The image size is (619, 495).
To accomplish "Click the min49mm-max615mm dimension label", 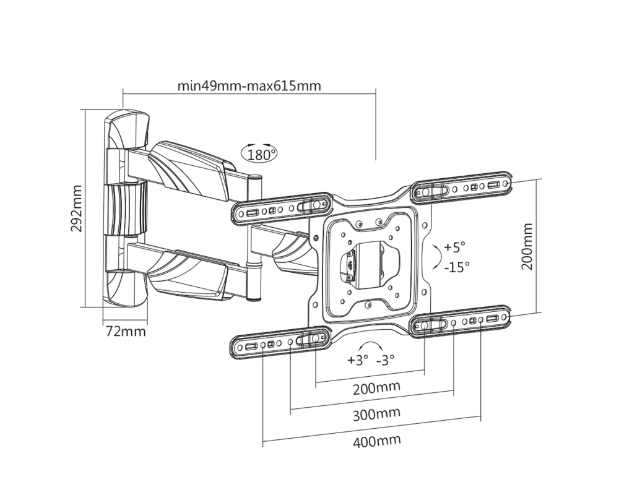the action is pyautogui.click(x=249, y=85).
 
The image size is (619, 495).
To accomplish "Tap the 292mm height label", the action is pyautogui.click(x=76, y=208).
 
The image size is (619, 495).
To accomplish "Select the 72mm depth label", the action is pyautogui.click(x=126, y=331).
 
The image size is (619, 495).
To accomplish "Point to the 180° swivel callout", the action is pyautogui.click(x=259, y=153).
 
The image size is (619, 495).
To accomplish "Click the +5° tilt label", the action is pyautogui.click(x=455, y=247).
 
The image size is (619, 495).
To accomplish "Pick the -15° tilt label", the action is pyautogui.click(x=457, y=267).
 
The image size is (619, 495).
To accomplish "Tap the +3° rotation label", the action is pyautogui.click(x=358, y=360).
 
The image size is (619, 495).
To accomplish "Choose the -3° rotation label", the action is pyautogui.click(x=385, y=360).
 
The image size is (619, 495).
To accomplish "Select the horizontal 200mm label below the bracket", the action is pyautogui.click(x=376, y=387).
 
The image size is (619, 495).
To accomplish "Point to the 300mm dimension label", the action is pyautogui.click(x=376, y=414).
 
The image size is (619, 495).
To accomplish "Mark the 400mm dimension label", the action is pyautogui.click(x=376, y=441).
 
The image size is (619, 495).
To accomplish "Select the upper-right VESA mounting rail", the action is pyautogui.click(x=462, y=187).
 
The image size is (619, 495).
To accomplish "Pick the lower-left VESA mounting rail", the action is pyautogui.click(x=280, y=342).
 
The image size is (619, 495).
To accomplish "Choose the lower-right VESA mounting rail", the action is pyautogui.click(x=460, y=321).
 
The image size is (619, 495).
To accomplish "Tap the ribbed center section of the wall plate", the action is pyautogui.click(x=126, y=209).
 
